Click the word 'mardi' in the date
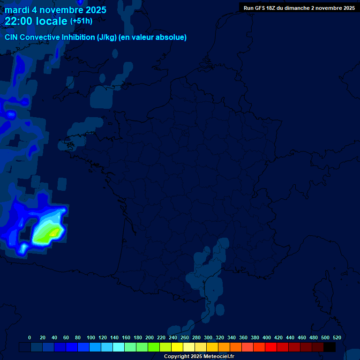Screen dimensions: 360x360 pos(17,10)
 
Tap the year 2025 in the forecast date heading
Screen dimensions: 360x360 pos(94,10)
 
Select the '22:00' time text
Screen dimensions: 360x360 pos(19,21)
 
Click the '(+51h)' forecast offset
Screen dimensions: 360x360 pos(81,21)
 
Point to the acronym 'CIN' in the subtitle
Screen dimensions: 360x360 pos(11,37)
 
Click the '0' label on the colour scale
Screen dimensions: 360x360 pos(30,337)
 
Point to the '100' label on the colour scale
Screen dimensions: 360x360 pos(91,337)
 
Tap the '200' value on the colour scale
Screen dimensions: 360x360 pos(150,337)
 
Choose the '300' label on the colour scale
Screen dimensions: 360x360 pos(208,337)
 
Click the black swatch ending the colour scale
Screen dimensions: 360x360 pos(330,347)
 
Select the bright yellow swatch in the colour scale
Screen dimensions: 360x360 pos(177,347)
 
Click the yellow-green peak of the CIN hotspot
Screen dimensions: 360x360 pos(52,232)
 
